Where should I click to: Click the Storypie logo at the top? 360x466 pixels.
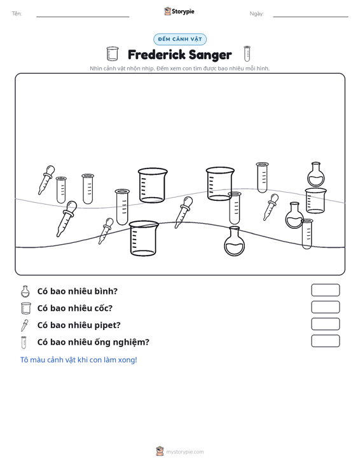point(179,11)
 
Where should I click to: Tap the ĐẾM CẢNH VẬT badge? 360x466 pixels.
point(180,39)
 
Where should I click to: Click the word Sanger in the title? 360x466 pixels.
point(210,55)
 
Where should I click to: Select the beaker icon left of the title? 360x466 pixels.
point(113,54)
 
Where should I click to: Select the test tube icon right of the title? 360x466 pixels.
point(247,53)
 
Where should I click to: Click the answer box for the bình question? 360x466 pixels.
point(325,290)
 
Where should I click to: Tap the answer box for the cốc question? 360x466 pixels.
point(325,307)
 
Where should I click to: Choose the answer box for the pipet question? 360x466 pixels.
point(325,324)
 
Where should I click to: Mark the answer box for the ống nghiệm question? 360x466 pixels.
point(325,341)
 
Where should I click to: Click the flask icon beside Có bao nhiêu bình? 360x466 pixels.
point(25,292)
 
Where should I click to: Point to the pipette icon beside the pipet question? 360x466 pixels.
point(25,326)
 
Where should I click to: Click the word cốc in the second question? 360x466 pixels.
point(103,308)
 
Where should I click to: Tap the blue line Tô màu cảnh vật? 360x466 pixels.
point(78,360)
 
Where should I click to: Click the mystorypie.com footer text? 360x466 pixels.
point(184,452)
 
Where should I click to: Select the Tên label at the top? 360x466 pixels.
point(17,14)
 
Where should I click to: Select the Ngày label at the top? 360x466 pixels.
point(256,14)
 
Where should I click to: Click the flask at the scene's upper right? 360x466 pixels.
point(315,174)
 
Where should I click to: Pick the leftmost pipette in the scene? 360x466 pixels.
point(46,180)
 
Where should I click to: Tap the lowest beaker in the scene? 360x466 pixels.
point(144,238)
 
